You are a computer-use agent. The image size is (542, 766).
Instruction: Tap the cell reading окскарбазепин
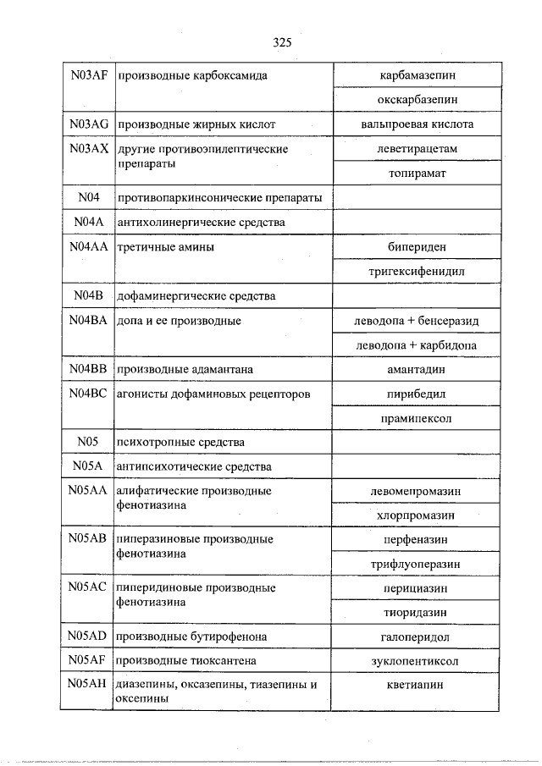point(415,100)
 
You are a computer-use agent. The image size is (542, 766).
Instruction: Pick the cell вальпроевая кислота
point(415,124)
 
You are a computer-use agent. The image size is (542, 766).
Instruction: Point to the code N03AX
point(89,149)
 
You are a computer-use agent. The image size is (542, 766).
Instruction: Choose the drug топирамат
point(415,173)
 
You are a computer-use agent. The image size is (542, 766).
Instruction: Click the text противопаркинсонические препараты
point(220,198)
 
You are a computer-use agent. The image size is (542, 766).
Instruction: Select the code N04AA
point(89,247)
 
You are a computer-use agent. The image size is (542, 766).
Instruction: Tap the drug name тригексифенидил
point(415,272)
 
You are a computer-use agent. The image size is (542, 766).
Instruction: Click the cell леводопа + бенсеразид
point(415,321)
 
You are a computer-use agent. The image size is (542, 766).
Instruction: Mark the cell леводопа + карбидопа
point(415,345)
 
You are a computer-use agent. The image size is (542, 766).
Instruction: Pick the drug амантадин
point(415,370)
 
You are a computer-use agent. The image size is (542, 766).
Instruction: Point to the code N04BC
point(89,394)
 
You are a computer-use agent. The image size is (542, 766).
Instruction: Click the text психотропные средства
point(182,443)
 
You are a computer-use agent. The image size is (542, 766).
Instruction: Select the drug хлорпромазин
point(415,515)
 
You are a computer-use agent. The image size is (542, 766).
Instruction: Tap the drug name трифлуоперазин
point(415,564)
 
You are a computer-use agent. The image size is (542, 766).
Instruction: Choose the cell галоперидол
point(415,636)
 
